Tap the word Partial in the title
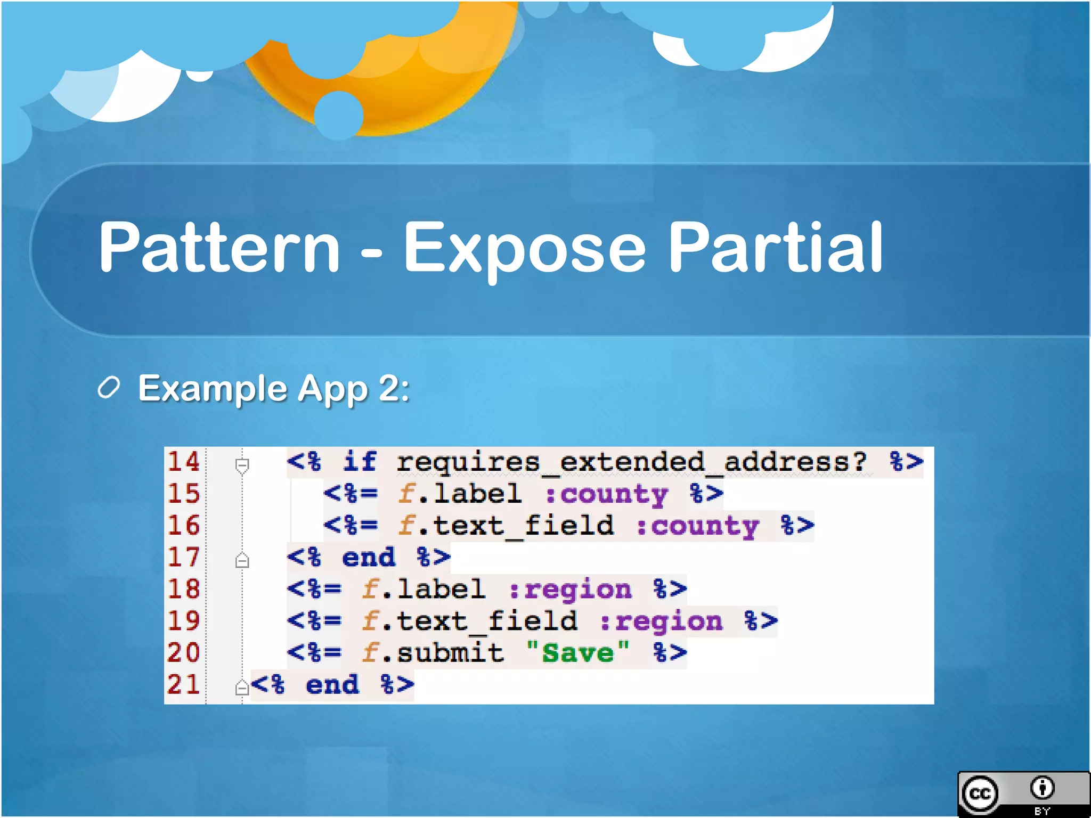[x=775, y=248]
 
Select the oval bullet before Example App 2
[x=109, y=388]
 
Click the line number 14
[x=184, y=461]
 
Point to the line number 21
[x=184, y=684]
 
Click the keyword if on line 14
[x=360, y=461]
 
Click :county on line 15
[x=606, y=494]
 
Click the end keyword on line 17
[x=369, y=558]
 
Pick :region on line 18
[x=570, y=590]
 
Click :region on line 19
[x=661, y=621]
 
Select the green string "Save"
[x=577, y=653]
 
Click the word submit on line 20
[x=450, y=653]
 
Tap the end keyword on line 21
[x=332, y=685]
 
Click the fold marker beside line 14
[x=242, y=465]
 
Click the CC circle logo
[x=980, y=794]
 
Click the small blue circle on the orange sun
[x=339, y=115]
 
